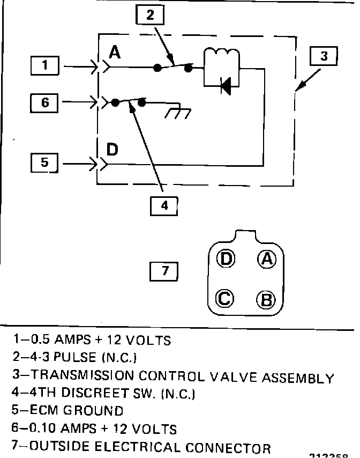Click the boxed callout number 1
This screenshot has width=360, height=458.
[x=45, y=66]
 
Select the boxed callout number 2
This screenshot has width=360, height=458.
[x=150, y=15]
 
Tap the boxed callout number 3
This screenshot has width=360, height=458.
[x=323, y=56]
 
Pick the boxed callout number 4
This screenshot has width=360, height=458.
[x=164, y=205]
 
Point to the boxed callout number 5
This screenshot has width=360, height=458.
[x=45, y=162]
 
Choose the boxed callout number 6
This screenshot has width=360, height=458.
[x=45, y=102]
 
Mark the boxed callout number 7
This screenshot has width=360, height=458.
[x=164, y=271]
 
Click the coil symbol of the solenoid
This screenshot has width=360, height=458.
[x=220, y=56]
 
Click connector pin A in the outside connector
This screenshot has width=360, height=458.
[x=266, y=260]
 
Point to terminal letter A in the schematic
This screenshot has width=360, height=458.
[x=115, y=53]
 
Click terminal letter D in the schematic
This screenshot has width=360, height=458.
[x=112, y=149]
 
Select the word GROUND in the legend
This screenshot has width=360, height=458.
[x=93, y=411]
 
